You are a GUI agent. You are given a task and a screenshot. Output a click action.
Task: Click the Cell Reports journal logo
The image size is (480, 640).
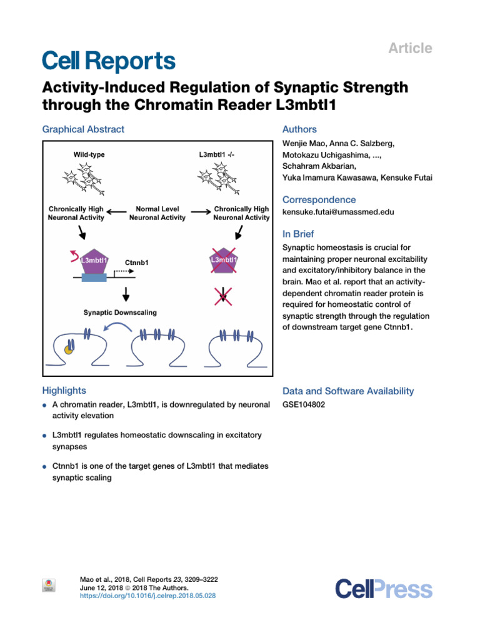pyautogui.click(x=109, y=61)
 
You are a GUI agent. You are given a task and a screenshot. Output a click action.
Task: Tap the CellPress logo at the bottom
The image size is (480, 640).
pyautogui.click(x=383, y=589)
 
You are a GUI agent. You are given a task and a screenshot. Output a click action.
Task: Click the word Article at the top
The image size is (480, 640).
pyautogui.click(x=411, y=48)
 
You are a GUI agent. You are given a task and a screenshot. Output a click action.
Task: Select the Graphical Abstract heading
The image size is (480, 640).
pyautogui.click(x=83, y=129)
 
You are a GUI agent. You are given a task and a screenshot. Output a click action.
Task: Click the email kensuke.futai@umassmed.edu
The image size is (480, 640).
pyautogui.click(x=338, y=212)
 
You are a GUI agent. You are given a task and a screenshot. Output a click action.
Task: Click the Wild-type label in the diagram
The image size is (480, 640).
pyautogui.click(x=86, y=153)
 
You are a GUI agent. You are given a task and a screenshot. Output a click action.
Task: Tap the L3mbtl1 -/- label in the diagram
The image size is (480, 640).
pyautogui.click(x=214, y=153)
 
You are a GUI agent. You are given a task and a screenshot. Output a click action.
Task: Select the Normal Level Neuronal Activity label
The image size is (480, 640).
pyautogui.click(x=157, y=213)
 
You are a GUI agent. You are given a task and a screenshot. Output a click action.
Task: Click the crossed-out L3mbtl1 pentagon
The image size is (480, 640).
pyautogui.click(x=222, y=260)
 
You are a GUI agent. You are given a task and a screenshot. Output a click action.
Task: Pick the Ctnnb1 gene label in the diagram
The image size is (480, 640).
pyautogui.click(x=137, y=263)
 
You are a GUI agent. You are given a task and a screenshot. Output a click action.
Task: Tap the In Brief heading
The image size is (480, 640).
pyautogui.click(x=299, y=234)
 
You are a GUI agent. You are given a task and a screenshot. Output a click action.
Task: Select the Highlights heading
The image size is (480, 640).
pyautogui.click(x=64, y=391)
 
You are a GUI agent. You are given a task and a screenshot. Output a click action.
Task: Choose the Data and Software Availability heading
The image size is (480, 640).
pyautogui.click(x=348, y=391)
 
